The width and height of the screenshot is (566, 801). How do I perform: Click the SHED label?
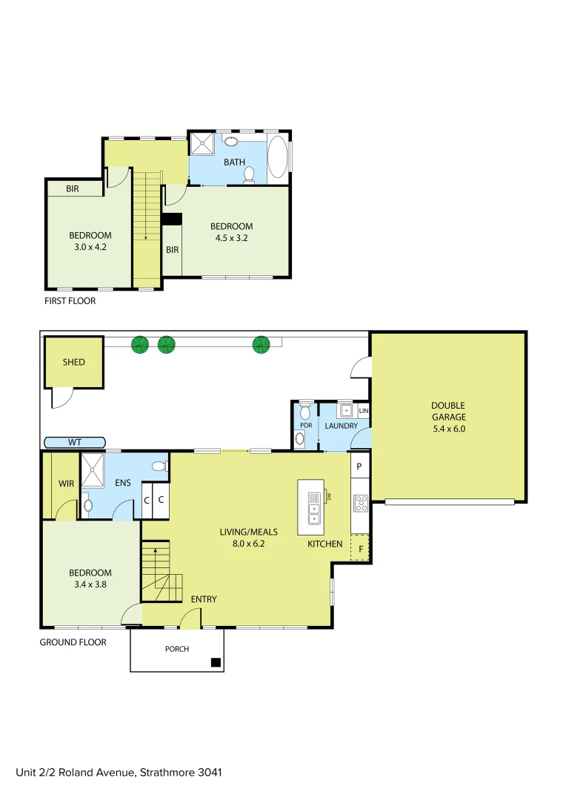point(73,363)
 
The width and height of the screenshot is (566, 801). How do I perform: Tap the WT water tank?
point(74,443)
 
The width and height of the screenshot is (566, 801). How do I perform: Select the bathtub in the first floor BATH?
point(276,156)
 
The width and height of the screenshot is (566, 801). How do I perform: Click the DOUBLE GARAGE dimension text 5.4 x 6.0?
point(448,429)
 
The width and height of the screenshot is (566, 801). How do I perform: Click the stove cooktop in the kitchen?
point(360,504)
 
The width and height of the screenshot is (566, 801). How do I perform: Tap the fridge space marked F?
point(360,550)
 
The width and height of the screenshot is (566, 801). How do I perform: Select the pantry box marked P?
point(359,467)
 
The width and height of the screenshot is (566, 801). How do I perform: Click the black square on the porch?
point(216,662)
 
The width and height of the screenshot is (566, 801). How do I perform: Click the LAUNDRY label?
point(341,426)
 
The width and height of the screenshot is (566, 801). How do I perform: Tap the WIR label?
point(67,484)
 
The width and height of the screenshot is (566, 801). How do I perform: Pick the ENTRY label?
point(204,599)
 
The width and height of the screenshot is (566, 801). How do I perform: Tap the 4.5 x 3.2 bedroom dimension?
point(231,239)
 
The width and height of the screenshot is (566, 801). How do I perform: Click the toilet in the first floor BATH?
point(250,174)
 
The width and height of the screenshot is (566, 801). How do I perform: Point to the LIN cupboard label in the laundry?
point(363,411)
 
